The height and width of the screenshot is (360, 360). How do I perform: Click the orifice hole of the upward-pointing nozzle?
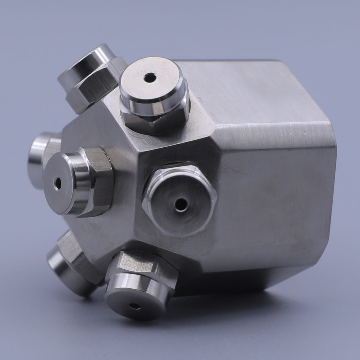coord(150,77)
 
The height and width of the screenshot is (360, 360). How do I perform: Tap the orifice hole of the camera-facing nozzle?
coord(181,205)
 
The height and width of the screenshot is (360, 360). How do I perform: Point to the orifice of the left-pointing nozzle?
coord(58,183)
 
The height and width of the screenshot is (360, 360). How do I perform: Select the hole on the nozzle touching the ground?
coord(135,306)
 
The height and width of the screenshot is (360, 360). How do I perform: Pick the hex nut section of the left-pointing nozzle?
coord(100,181)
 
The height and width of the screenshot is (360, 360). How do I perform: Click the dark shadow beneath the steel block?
coord(225,285)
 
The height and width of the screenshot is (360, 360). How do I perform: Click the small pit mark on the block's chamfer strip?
coord(304,133)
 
